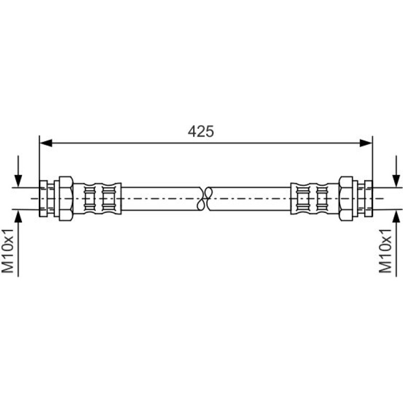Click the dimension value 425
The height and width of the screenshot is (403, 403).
[x=201, y=131]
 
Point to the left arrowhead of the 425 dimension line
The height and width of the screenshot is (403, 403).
[x=46, y=143]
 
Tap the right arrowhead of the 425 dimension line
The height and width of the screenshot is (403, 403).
[x=366, y=143]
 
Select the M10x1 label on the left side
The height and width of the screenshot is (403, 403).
[x=7, y=251]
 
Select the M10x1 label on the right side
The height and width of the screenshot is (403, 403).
[x=385, y=251]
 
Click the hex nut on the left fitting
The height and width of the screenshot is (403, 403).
[x=66, y=198]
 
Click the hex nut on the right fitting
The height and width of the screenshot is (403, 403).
[x=346, y=198]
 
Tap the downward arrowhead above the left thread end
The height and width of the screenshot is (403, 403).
[x=18, y=181]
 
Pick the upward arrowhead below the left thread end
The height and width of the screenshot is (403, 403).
[x=18, y=216]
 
